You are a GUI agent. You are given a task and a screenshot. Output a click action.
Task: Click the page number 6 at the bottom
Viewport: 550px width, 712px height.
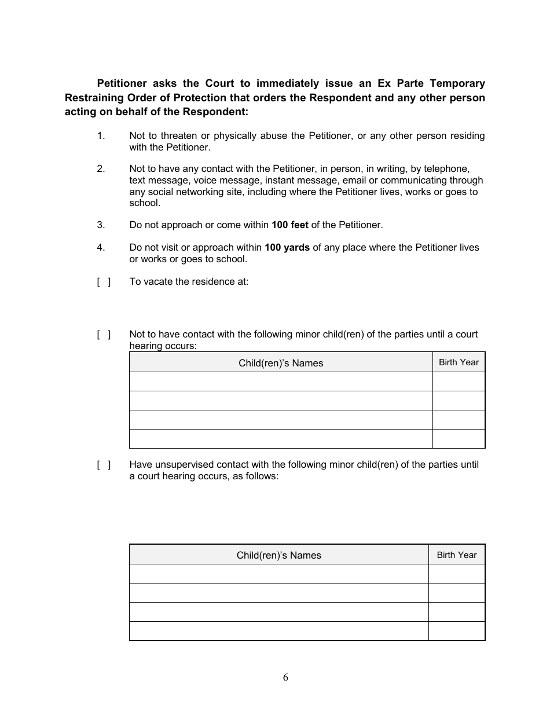tap(285, 678)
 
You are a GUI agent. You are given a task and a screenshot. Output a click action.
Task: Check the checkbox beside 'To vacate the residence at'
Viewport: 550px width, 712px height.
tap(104, 282)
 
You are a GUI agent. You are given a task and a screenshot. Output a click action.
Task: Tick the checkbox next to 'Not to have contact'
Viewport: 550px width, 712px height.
tap(104, 334)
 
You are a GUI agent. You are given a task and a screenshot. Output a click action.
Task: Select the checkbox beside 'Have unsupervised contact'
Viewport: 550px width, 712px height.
tap(104, 464)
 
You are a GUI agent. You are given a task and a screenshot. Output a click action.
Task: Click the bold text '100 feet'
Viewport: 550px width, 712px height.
tap(289, 225)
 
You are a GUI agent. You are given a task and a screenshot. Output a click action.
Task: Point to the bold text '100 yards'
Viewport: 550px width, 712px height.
tap(287, 247)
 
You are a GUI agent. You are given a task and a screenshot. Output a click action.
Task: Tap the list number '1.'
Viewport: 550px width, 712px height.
tap(101, 135)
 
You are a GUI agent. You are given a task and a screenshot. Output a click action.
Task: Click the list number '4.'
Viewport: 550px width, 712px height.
tap(101, 247)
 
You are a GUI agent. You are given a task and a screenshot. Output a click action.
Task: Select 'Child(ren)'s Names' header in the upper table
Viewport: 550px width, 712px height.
tap(281, 363)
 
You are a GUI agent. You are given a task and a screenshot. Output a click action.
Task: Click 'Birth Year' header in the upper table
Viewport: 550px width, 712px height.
tap(459, 362)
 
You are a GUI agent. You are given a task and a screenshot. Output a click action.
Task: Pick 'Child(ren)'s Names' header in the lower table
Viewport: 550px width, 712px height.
tap(278, 555)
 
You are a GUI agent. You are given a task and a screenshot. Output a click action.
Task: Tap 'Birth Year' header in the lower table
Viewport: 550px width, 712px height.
tap(456, 555)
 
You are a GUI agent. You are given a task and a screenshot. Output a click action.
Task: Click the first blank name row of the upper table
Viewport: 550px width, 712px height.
tap(281, 381)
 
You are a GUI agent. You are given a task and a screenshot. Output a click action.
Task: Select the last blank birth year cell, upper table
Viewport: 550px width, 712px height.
tap(459, 439)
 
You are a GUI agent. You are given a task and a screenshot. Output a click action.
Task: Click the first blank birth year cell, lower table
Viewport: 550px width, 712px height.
tap(456, 574)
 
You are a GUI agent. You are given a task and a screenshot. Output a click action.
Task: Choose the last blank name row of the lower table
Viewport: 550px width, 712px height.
tap(278, 631)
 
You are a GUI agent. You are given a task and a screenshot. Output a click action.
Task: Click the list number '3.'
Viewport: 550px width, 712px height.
tap(101, 225)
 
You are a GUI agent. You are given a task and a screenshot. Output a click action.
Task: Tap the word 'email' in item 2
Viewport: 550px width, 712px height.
tap(354, 180)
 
